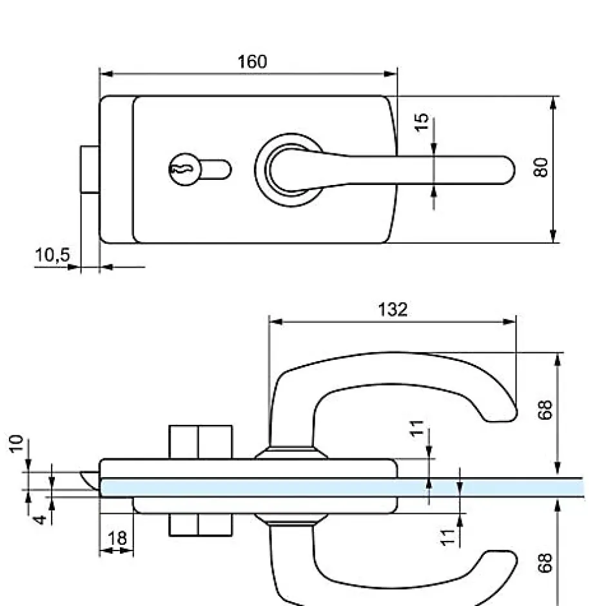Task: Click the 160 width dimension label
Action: [252, 62]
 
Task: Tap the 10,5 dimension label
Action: [52, 255]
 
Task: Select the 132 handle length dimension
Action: [393, 309]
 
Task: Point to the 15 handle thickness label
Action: [422, 122]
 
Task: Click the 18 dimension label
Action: [118, 538]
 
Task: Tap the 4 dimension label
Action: [39, 516]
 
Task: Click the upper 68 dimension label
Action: [545, 411]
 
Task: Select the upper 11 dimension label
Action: [419, 427]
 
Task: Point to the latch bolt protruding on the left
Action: [90, 170]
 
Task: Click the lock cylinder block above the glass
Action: [200, 442]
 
